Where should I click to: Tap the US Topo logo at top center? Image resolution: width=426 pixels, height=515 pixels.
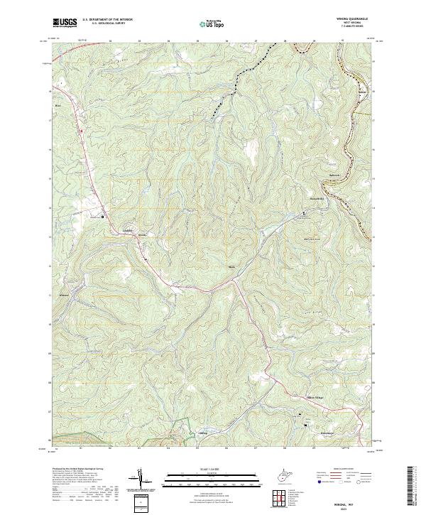212,23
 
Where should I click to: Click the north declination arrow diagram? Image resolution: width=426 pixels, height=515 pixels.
139,479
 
